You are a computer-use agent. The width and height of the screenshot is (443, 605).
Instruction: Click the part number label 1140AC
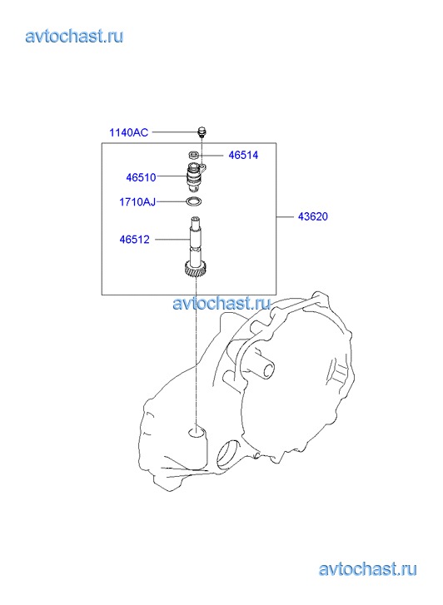pyautogui.click(x=128, y=132)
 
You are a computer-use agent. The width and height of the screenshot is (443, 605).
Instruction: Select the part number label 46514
pyautogui.click(x=243, y=155)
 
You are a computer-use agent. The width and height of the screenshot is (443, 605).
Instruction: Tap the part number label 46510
pyautogui.click(x=141, y=177)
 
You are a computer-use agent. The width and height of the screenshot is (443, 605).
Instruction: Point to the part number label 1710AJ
pyautogui.click(x=137, y=201)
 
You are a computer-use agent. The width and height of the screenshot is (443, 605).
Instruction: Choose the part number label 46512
pyautogui.click(x=134, y=240)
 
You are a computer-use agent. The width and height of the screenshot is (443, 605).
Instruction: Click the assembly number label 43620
pyautogui.click(x=313, y=216)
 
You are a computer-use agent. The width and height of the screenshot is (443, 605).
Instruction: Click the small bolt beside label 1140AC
pyautogui.click(x=202, y=131)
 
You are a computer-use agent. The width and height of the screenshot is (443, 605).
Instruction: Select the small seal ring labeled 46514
pyautogui.click(x=194, y=155)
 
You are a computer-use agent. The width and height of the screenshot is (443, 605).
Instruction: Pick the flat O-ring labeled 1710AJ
pyautogui.click(x=194, y=201)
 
